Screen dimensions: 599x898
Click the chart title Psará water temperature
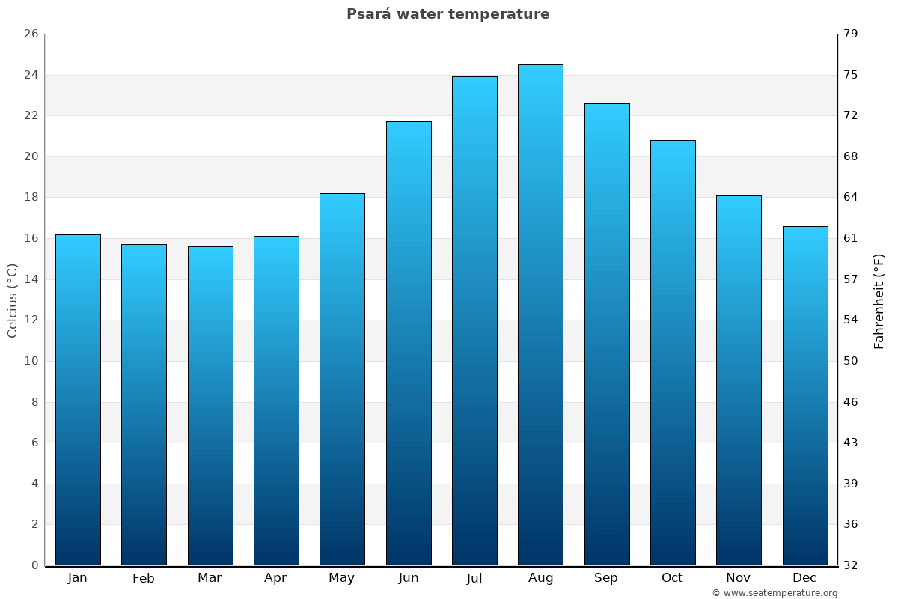coord(448,14)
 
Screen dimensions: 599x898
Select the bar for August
coord(540,314)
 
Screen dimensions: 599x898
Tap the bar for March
coord(210,406)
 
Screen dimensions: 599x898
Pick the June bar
coord(409,343)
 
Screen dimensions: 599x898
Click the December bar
coord(805,395)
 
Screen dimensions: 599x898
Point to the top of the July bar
coord(474,77)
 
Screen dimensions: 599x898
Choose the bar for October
coord(673,352)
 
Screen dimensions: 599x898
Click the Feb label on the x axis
coord(144,578)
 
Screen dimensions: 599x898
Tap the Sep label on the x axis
coord(606,578)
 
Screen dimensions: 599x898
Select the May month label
coord(342,578)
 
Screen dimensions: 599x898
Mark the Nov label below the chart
coord(739,578)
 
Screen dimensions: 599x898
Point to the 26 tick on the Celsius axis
coord(31,34)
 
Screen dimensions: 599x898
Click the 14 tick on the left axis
coord(31,279)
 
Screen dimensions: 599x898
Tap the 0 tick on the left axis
coord(34,565)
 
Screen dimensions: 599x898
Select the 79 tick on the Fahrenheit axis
coord(851,34)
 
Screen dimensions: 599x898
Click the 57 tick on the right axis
coord(851,279)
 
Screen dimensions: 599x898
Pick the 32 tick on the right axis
coord(851,565)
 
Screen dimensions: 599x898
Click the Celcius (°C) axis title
coord(13,300)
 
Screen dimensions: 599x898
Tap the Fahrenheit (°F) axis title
coord(879,300)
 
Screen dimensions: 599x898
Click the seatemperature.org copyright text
coord(775,593)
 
